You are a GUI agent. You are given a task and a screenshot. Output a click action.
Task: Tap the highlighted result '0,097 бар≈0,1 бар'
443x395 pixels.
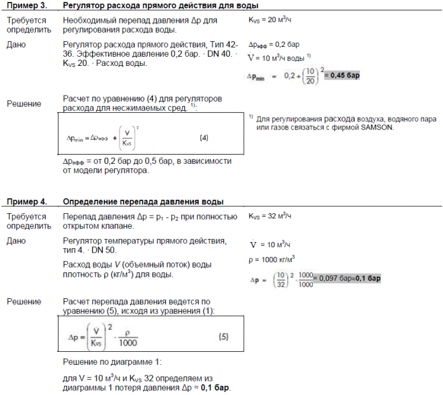click(348, 278)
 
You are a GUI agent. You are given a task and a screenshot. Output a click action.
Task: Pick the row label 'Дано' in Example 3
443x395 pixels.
click(16, 44)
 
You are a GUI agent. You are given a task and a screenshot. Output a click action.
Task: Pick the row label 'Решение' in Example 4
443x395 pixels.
click(24, 301)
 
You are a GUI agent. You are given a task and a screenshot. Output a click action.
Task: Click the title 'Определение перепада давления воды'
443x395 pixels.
click(143, 202)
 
